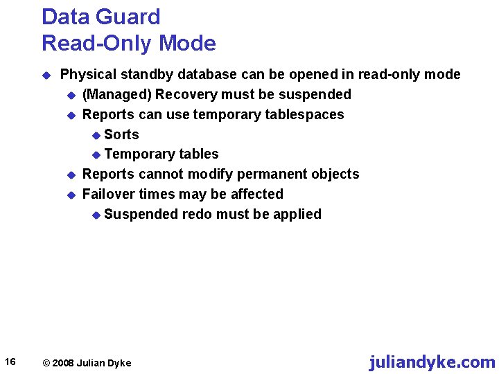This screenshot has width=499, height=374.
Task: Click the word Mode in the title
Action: (187, 44)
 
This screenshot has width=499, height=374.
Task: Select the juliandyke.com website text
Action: (432, 362)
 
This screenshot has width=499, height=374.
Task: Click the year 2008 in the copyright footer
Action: (63, 363)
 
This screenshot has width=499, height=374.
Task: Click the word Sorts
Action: (121, 134)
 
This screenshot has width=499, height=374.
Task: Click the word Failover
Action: (109, 194)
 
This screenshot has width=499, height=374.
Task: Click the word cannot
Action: (161, 174)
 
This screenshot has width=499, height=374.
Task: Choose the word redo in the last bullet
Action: (197, 214)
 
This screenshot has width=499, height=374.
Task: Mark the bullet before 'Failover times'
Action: (69, 195)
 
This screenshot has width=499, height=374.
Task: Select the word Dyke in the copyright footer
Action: (119, 363)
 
